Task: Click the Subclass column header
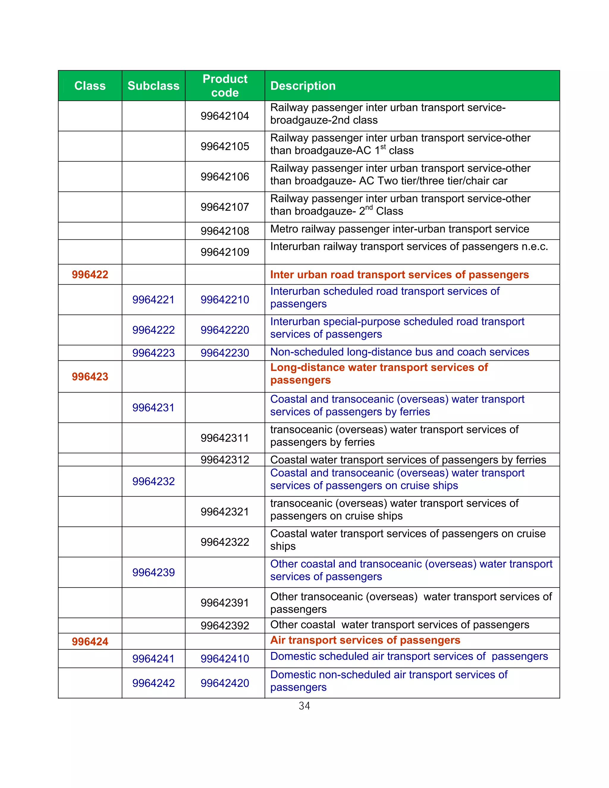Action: [x=153, y=86]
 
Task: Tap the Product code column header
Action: [x=225, y=86]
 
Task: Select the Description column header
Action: [x=303, y=86]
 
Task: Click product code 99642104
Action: [x=225, y=116]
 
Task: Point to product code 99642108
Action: [x=225, y=231]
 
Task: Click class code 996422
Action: [x=90, y=274]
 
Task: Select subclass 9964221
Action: [x=153, y=299]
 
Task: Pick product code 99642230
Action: [x=225, y=353]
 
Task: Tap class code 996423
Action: [x=90, y=377]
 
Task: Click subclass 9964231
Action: [x=153, y=408]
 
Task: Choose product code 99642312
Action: [x=225, y=460]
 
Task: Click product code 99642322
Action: [x=225, y=542]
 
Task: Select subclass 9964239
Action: [x=153, y=572]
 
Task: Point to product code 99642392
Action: [x=225, y=626]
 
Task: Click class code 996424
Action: [x=90, y=641]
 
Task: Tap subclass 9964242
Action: [x=153, y=683]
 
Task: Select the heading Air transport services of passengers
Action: [x=365, y=640]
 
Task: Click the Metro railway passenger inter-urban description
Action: [x=399, y=229]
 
